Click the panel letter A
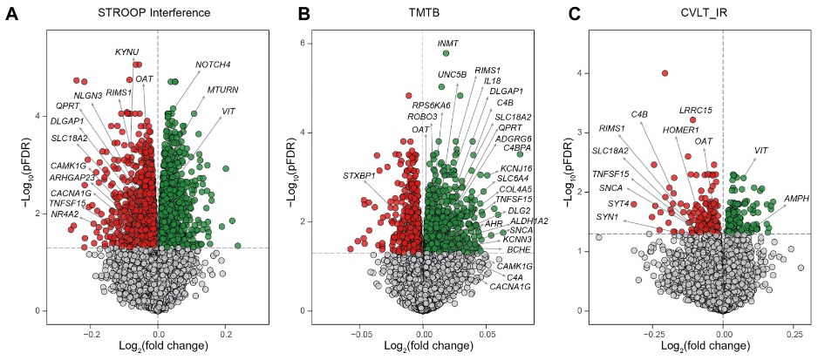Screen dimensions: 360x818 coord(12,15)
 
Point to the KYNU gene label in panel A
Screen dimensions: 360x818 coord(127,52)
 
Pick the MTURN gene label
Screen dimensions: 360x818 coord(223,90)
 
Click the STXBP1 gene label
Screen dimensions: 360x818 coord(359,175)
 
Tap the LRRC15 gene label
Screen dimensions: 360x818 coord(696,110)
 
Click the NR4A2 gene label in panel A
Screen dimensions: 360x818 coord(65,214)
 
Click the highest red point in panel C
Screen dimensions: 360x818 coord(665,74)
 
